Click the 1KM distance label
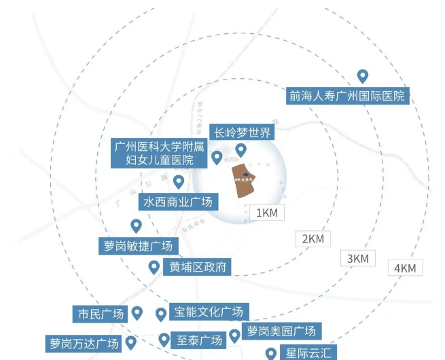[267, 213]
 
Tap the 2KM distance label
[313, 239]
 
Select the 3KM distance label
[357, 258]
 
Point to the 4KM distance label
[404, 268]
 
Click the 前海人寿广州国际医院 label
[346, 96]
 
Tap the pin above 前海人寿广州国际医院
[363, 77]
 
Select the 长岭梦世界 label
[242, 132]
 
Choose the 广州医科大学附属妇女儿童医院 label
[160, 154]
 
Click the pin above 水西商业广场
[179, 181]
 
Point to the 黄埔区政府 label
[196, 266]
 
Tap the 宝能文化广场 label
[209, 312]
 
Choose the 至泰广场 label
[200, 340]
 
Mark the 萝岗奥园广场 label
[282, 331]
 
